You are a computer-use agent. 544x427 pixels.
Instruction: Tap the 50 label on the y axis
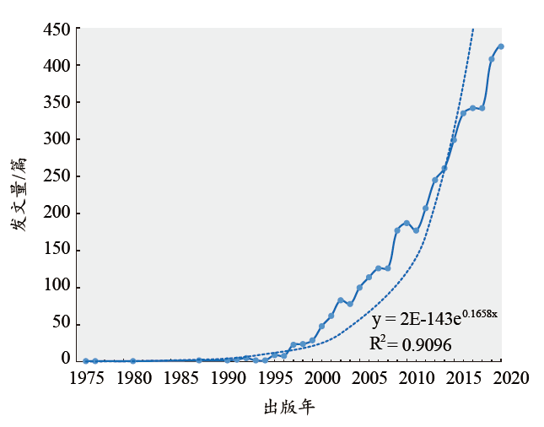click(61, 324)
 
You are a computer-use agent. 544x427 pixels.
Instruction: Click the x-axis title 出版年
click(289, 408)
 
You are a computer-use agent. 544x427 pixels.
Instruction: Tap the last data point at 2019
click(501, 46)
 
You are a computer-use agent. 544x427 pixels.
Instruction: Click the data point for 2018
click(492, 59)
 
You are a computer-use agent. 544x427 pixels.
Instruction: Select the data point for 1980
click(132, 361)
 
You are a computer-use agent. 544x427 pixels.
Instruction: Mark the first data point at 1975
click(85, 361)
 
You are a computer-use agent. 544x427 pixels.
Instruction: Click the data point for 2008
click(397, 230)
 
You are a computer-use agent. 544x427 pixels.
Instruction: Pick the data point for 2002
click(340, 300)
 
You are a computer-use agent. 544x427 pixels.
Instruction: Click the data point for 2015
click(463, 113)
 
